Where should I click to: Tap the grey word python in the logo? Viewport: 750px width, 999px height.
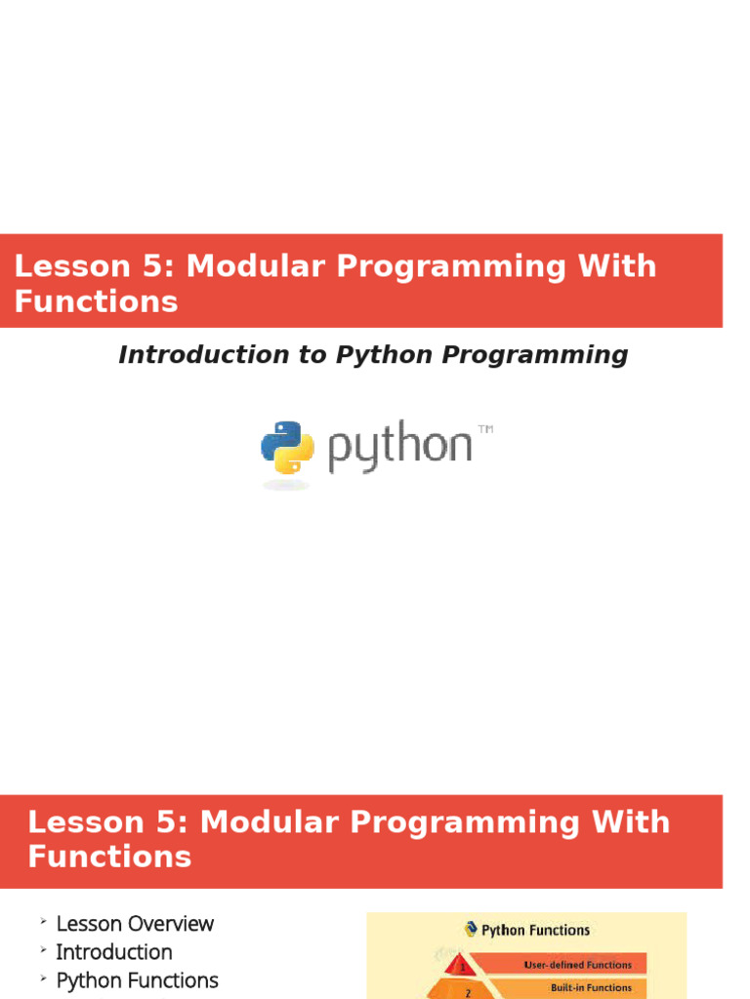click(399, 447)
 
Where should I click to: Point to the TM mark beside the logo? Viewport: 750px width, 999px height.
click(485, 429)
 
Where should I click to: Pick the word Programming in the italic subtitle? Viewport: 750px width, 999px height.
click(534, 355)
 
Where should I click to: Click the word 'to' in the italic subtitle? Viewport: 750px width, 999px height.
click(312, 355)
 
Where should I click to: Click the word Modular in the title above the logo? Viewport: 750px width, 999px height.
click(256, 265)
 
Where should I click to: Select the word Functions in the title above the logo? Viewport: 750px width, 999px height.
click(97, 301)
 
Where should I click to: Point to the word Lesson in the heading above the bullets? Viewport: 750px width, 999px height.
click(86, 821)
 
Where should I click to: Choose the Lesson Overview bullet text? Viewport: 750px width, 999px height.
click(135, 923)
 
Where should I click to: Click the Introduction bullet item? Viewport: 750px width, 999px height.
click(114, 952)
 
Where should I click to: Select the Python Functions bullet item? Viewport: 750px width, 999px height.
click(137, 980)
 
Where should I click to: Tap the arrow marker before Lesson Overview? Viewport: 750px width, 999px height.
click(43, 921)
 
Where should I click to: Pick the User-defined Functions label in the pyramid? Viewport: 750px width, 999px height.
click(578, 965)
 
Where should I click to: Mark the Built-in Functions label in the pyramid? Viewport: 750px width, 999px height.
click(591, 987)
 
